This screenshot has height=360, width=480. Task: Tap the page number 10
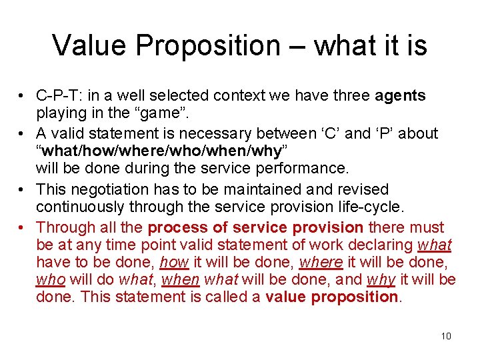pyautogui.click(x=446, y=336)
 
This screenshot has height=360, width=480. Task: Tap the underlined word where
pyautogui.click(x=322, y=262)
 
